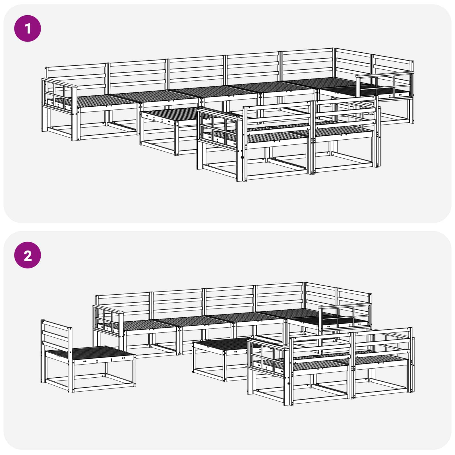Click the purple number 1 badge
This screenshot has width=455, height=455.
click(x=28, y=28)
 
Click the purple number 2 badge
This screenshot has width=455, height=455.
click(x=28, y=255)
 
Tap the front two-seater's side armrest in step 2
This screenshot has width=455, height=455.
click(x=269, y=355)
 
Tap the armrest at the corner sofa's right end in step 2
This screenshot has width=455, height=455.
click(x=345, y=316)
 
